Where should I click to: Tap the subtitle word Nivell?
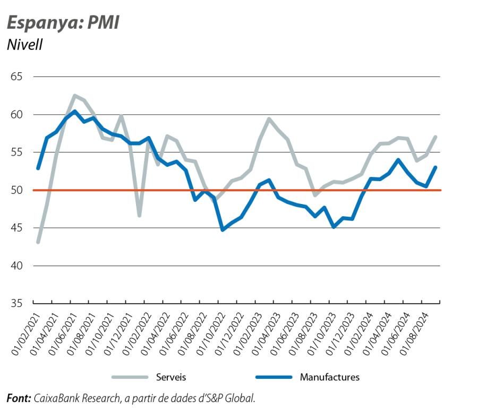pyautogui.click(x=24, y=45)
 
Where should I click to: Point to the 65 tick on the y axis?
pyautogui.click(x=16, y=77)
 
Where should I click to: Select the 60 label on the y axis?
pyautogui.click(x=16, y=115)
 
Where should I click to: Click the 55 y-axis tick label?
pyautogui.click(x=16, y=152)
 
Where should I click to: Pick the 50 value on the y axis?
pyautogui.click(x=16, y=190)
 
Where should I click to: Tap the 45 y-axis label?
pyautogui.click(x=16, y=228)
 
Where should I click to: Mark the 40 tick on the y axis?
pyautogui.click(x=16, y=266)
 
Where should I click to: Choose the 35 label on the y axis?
pyautogui.click(x=16, y=303)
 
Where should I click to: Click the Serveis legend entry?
pyautogui.click(x=170, y=377)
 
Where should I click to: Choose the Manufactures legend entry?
pyautogui.click(x=329, y=377)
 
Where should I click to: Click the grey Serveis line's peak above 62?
pyautogui.click(x=74, y=96)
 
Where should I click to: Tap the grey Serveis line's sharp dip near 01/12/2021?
pyautogui.click(x=139, y=215)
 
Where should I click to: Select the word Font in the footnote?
pyautogui.click(x=19, y=397)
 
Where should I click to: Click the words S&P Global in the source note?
pyautogui.click(x=236, y=397)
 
